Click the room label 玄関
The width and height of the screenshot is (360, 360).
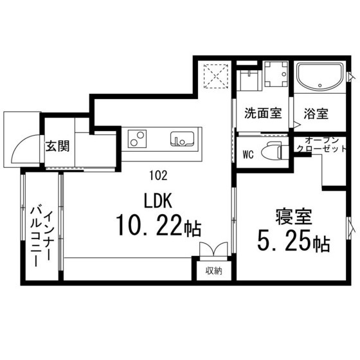[57, 147]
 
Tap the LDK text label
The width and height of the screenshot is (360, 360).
[158, 201]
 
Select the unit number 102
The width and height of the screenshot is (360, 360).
[158, 176]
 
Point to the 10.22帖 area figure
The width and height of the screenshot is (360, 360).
[159, 226]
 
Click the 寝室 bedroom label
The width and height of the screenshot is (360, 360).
[294, 217]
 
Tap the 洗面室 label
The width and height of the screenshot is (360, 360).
[263, 113]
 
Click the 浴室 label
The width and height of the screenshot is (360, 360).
[316, 113]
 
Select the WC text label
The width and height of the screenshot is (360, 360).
[248, 154]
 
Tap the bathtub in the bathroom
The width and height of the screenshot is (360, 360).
[320, 76]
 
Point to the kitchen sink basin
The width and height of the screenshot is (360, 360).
[182, 139]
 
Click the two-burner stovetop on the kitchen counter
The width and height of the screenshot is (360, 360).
[138, 139]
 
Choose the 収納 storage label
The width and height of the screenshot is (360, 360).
[213, 271]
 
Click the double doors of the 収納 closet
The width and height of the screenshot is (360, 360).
[213, 249]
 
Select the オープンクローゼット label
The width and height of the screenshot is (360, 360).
[321, 144]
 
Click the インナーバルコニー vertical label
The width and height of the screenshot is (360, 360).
[42, 237]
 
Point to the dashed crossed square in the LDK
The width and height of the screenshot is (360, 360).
[216, 76]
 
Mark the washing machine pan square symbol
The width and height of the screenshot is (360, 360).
[276, 74]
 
